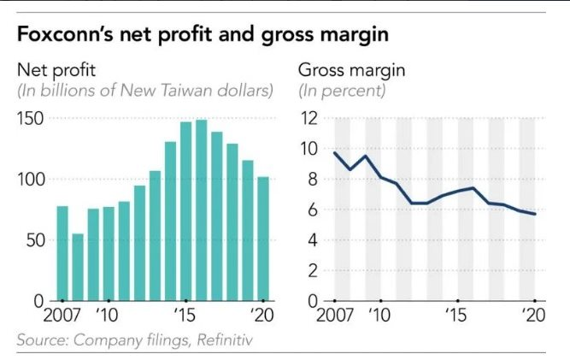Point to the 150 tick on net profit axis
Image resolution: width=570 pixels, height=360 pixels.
pos(31,118)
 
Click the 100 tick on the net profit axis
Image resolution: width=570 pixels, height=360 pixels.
pos(31,180)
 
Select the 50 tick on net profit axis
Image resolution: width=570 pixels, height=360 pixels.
pos(35,240)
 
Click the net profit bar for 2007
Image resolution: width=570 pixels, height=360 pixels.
pos(62,253)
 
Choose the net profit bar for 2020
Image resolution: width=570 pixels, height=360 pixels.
pos(263,239)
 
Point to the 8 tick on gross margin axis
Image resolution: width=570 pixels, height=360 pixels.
pos(313,180)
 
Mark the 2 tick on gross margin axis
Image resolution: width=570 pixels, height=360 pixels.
pos(313,270)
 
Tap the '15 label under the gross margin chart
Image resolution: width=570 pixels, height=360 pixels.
pos(459,315)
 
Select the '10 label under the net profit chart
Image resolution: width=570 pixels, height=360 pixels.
pos(107,315)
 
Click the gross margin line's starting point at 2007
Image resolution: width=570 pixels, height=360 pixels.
pos(334,153)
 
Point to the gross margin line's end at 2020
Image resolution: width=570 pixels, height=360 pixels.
pos(535,214)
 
